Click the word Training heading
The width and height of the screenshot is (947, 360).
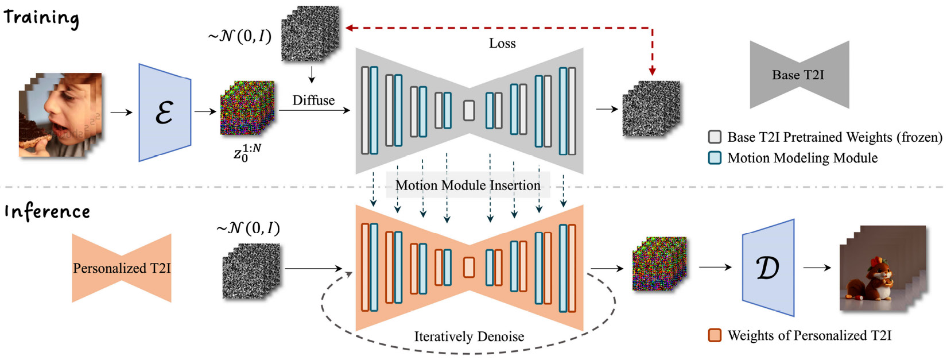tap(41, 18)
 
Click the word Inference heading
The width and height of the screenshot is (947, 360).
tap(47, 211)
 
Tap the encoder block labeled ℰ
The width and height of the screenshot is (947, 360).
tap(165, 113)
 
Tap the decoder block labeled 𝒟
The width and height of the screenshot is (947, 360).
tap(768, 268)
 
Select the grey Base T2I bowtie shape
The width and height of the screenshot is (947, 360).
tap(799, 75)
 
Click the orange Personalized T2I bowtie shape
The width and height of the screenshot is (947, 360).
tap(122, 268)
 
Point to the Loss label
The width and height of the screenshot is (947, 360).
tap(502, 43)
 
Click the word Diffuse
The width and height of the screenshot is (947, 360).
tap(313, 100)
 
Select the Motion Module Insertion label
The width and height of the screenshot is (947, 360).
tap(468, 185)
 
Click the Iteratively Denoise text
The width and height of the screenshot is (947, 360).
tap(469, 336)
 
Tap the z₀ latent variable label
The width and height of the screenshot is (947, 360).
tap(247, 153)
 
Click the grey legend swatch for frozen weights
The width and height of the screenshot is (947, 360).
tap(715, 137)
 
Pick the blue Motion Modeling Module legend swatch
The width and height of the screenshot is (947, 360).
tap(715, 158)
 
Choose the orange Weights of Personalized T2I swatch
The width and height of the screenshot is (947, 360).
tap(715, 335)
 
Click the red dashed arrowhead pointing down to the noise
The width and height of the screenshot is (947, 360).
tap(653, 71)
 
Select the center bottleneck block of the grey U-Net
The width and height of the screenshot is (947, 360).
tap(469, 110)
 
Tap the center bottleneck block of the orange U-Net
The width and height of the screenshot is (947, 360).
tap(469, 268)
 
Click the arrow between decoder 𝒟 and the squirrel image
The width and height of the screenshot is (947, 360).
tap(817, 268)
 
